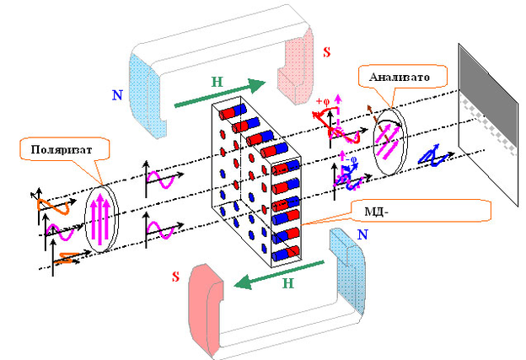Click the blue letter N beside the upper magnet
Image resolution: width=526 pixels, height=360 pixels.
coord(116,95)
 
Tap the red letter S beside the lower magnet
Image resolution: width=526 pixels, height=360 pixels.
coord(175,277)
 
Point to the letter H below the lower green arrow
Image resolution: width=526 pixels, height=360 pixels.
coord(287,286)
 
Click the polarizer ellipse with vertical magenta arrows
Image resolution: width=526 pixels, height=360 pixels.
coord(102,213)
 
